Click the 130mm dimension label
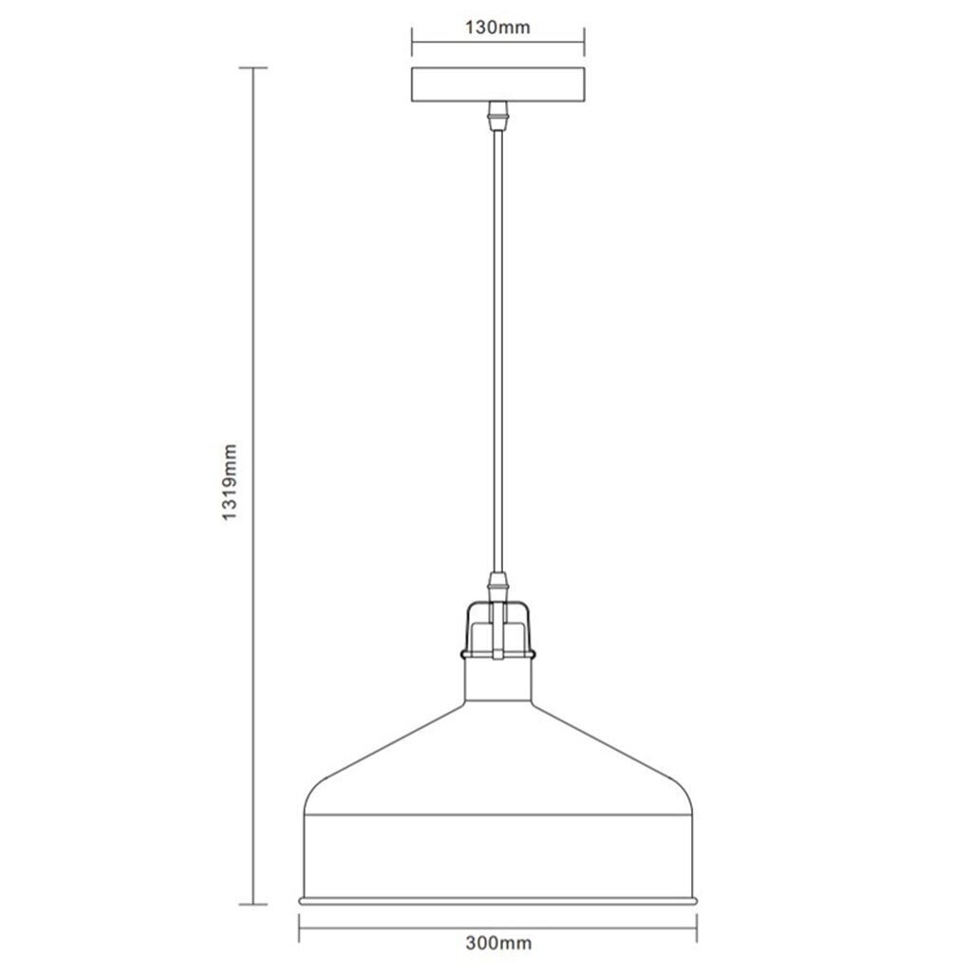coord(497,28)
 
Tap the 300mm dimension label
coord(498,943)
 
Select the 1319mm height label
coord(230,482)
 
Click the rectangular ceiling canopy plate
coord(497,84)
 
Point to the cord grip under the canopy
coord(497,116)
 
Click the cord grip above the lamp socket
coord(497,587)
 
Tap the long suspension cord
coord(497,351)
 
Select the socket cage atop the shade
coord(497,628)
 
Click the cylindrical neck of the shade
coord(497,680)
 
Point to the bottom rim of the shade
coord(497,901)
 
